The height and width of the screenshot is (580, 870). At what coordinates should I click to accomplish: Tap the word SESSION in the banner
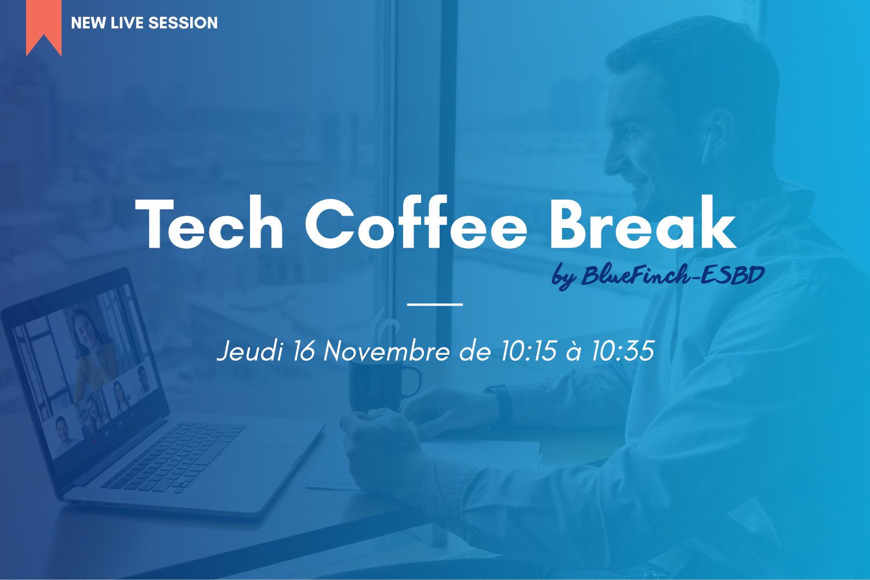point(183,23)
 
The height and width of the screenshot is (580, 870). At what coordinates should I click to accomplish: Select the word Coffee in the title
point(416,222)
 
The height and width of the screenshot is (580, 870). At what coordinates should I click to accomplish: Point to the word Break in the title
point(643,222)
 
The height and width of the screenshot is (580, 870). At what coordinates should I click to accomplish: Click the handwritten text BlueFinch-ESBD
point(673,275)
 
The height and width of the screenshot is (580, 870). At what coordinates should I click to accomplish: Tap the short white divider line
point(434,304)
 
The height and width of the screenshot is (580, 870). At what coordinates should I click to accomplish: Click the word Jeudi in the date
point(250,351)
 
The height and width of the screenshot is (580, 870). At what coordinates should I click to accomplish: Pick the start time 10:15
point(528,351)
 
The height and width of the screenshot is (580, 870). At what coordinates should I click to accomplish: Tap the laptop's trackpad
point(260,461)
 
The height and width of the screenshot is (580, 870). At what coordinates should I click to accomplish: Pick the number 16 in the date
point(303,351)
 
